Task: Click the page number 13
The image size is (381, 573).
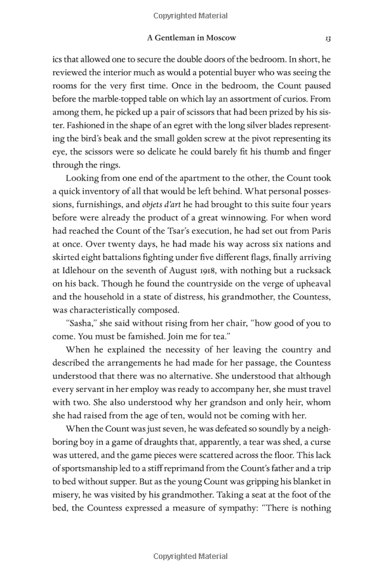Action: pos(327,39)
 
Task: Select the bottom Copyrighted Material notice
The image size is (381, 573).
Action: pos(190,556)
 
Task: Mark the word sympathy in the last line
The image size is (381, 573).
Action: pos(218,509)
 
